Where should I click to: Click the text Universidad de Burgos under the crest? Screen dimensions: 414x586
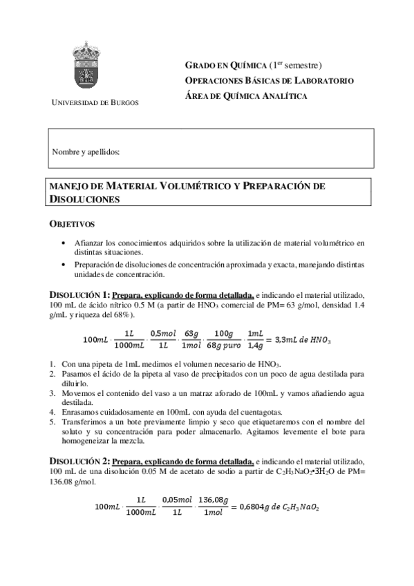tap(95, 102)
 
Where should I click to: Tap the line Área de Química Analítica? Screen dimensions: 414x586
tap(247, 96)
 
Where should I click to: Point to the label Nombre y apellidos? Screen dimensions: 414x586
tap(86, 151)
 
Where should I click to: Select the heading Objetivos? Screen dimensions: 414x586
tap(72, 225)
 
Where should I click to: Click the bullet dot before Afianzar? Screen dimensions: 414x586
tap(64, 243)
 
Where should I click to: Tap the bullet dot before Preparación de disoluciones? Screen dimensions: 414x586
tap(64, 265)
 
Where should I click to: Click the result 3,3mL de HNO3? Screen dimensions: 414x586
tap(303, 340)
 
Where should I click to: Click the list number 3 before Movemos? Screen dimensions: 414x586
tap(53, 393)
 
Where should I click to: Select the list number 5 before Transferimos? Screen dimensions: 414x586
tap(53, 421)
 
